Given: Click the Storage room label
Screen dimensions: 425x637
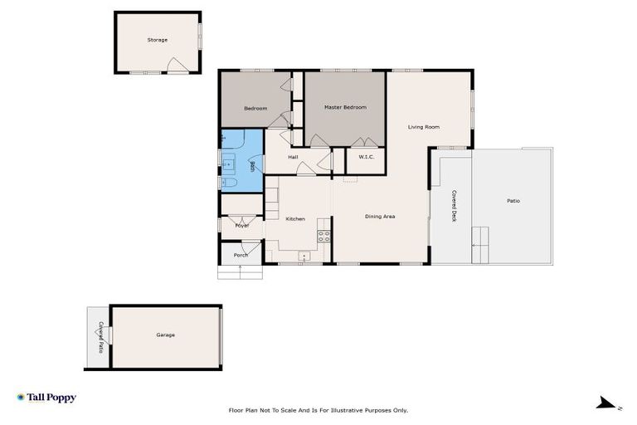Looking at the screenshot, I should coord(158,40).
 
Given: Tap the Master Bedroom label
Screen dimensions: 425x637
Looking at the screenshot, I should coord(344,107).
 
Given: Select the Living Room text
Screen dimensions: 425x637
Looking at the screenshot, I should coord(423,127).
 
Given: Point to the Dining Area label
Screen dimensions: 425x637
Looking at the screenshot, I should coord(380,217).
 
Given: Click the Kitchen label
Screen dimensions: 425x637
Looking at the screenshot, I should coord(295,219).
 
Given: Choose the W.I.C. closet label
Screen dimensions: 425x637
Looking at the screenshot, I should coord(366,157).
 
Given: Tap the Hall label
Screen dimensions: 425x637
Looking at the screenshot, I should coord(293,157).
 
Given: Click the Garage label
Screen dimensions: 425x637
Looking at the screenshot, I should coord(165,335).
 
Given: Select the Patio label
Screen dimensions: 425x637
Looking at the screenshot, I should coord(513,201).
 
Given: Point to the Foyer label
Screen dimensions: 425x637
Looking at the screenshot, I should coord(242,226).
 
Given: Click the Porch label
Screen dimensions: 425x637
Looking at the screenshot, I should coord(241,255).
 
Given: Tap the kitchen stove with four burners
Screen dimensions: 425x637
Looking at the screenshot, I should coord(323,236).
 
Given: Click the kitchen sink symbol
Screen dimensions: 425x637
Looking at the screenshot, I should coord(304,256).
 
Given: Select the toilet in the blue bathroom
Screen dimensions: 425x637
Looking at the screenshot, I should coord(230,183).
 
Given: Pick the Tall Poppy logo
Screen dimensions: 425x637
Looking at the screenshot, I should coord(46,398).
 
